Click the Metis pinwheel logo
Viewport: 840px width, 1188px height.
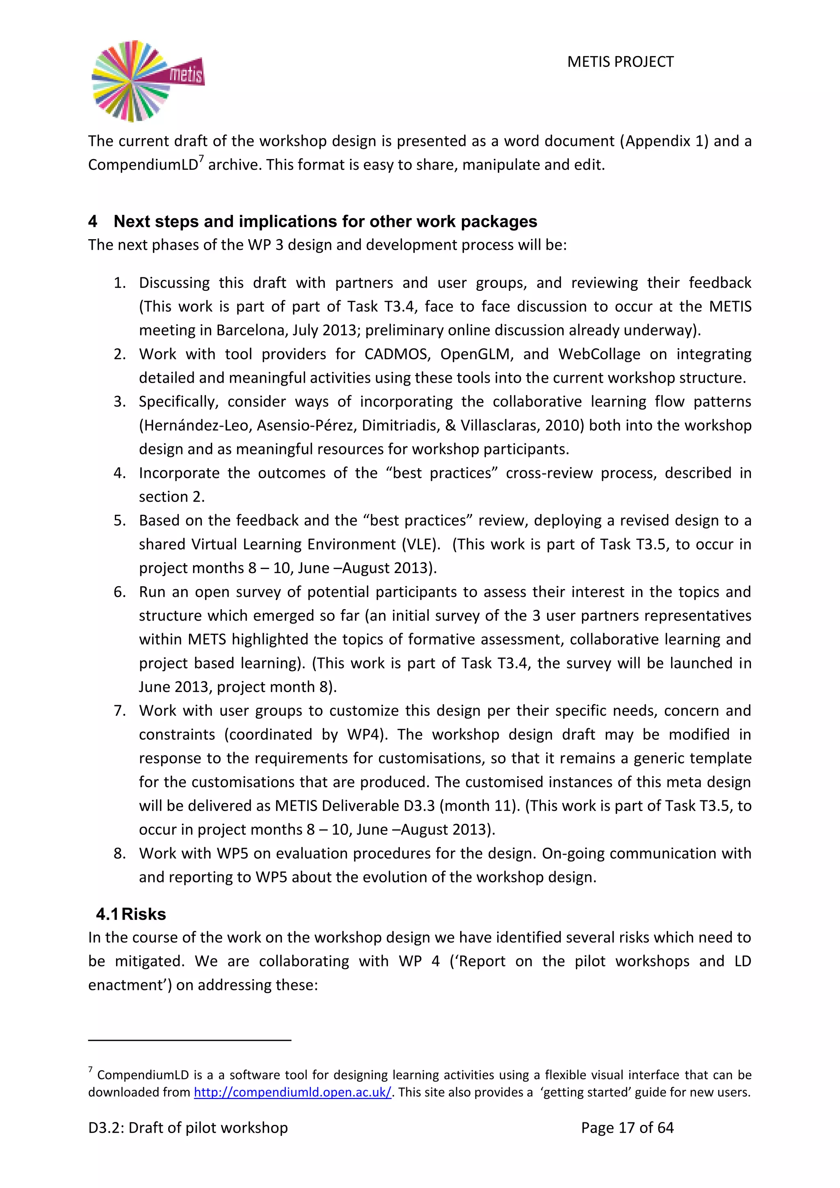point(147,81)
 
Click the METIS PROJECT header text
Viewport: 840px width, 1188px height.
point(620,62)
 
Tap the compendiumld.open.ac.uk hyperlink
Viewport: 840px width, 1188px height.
point(293,1092)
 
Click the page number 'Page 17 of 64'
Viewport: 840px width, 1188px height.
point(627,1127)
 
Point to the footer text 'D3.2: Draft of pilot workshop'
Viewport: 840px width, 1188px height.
point(188,1127)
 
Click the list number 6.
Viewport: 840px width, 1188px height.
point(119,592)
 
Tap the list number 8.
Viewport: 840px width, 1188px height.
point(119,853)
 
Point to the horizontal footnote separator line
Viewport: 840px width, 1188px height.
point(190,1040)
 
